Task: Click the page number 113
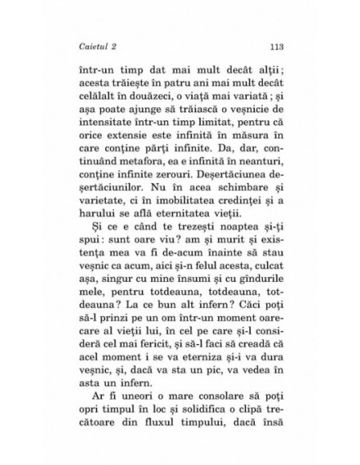(279, 45)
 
